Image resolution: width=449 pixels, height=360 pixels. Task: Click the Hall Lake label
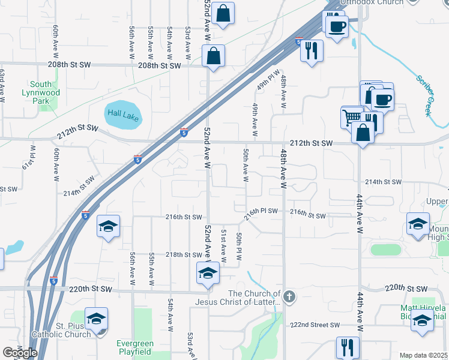(x=122, y=113)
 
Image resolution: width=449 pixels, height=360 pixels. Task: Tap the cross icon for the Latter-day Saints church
(x=289, y=296)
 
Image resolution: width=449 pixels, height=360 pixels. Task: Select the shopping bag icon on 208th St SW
(x=213, y=56)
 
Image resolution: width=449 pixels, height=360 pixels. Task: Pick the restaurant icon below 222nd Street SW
(x=348, y=346)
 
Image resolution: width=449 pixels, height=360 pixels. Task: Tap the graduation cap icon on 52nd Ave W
(x=208, y=272)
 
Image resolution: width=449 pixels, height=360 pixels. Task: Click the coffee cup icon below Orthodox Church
(x=336, y=25)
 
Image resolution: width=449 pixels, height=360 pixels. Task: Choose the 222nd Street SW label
(x=315, y=325)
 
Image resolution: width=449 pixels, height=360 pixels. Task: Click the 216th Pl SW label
(x=261, y=211)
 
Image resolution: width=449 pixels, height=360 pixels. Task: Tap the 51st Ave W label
(x=223, y=245)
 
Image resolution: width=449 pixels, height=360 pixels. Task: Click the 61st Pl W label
(x=26, y=157)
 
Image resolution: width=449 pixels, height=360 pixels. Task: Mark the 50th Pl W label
(x=239, y=246)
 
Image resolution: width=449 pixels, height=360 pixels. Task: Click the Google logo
(x=20, y=353)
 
